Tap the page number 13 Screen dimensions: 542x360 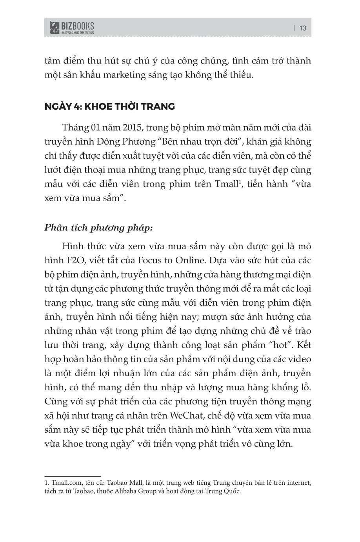(x=303, y=28)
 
